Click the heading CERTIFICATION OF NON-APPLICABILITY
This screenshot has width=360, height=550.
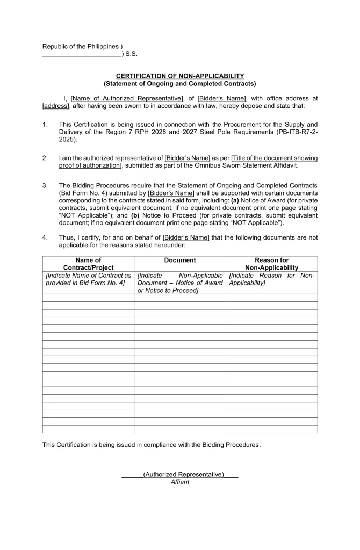pyautogui.click(x=180, y=76)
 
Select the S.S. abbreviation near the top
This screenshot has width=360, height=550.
pyautogui.click(x=131, y=54)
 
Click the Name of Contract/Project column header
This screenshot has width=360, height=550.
pyautogui.click(x=88, y=264)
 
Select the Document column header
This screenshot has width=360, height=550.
pyautogui.click(x=180, y=260)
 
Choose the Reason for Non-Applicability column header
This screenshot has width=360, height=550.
pyautogui.click(x=271, y=264)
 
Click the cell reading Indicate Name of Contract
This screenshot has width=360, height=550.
pyautogui.click(x=88, y=279)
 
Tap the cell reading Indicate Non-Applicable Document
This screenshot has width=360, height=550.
pyautogui.click(x=180, y=283)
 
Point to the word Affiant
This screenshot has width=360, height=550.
pyautogui.click(x=180, y=482)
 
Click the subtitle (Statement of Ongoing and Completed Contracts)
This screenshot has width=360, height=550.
pyautogui.click(x=180, y=84)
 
